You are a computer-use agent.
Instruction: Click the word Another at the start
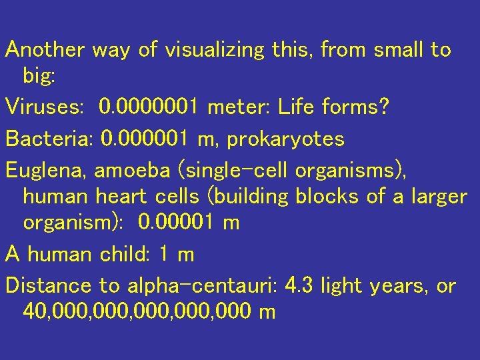pyautogui.click(x=45, y=50)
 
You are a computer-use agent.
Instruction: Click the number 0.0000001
pyautogui.click(x=148, y=106)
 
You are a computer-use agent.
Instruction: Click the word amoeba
pyautogui.click(x=133, y=171)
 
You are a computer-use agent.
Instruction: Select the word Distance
pyautogui.click(x=49, y=286)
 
